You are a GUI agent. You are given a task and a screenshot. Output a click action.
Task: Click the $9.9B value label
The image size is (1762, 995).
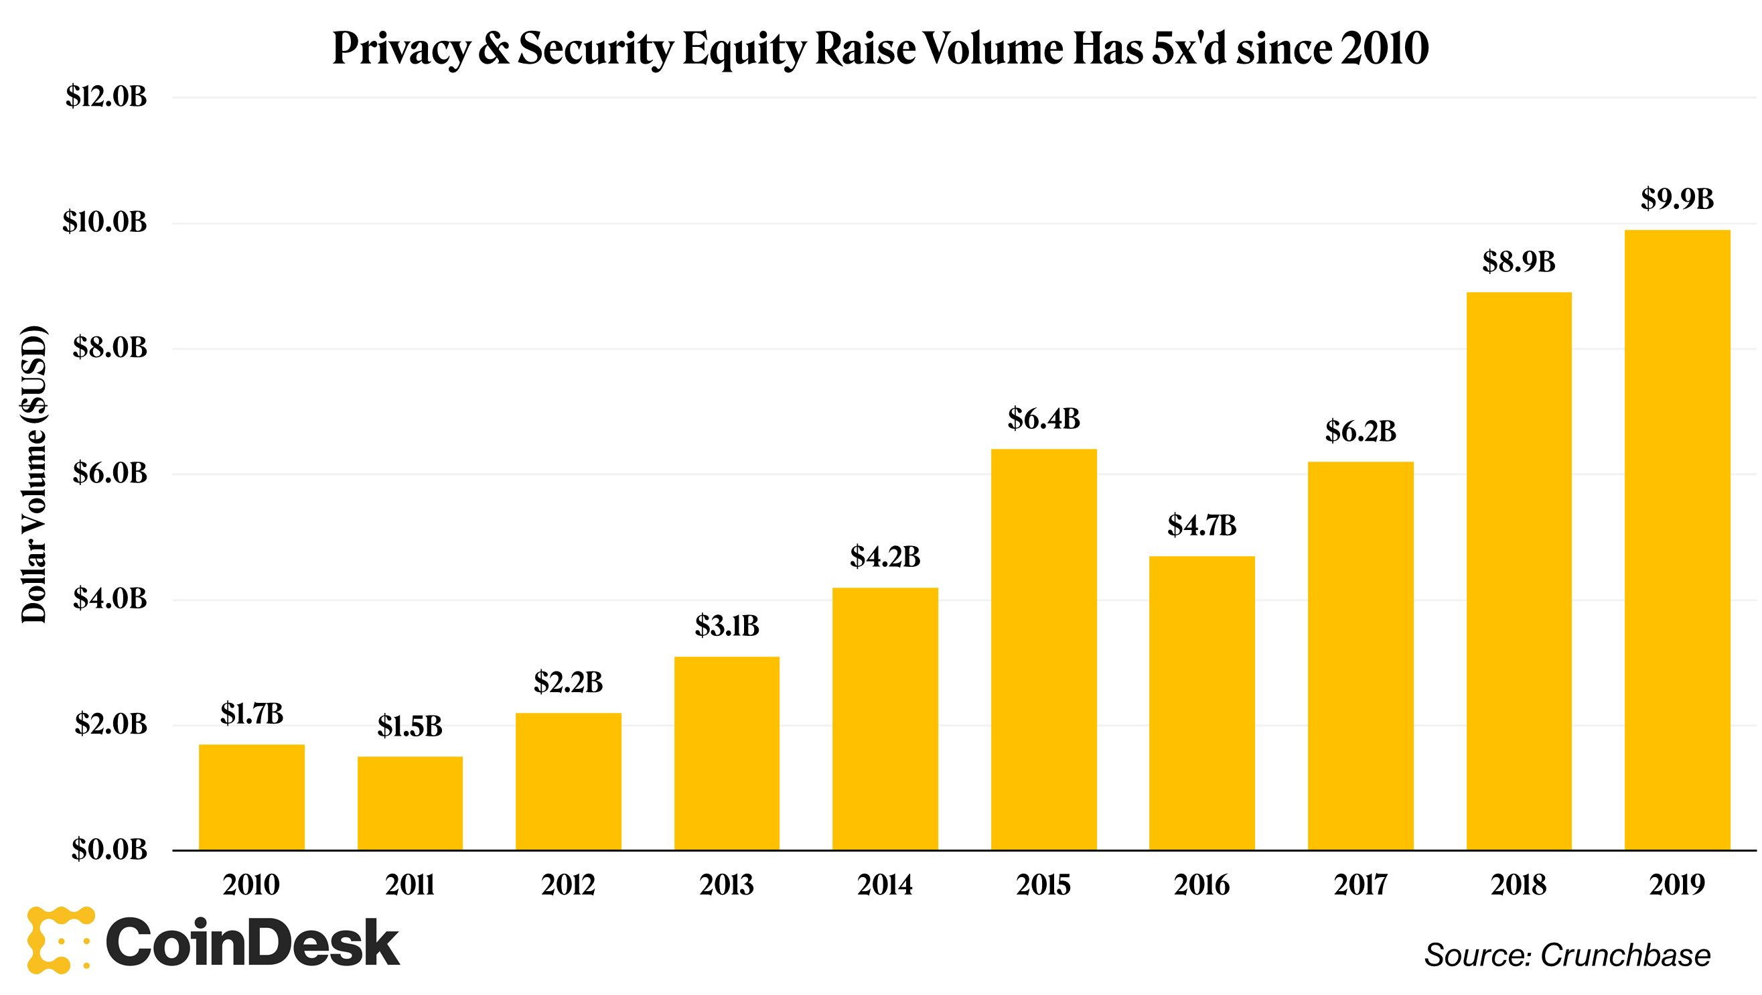click(x=1676, y=199)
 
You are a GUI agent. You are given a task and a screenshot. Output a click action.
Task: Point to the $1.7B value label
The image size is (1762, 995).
click(x=252, y=714)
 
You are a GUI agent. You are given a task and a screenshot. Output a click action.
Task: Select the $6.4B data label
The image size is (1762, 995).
click(x=1043, y=419)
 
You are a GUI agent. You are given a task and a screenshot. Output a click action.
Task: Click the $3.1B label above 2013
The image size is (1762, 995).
click(x=727, y=625)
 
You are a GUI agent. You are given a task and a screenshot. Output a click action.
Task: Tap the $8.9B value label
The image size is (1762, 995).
click(x=1518, y=262)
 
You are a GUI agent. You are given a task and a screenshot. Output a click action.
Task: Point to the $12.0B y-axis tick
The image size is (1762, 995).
click(x=106, y=96)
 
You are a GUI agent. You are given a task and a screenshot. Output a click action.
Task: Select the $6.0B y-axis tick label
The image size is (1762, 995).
click(x=109, y=473)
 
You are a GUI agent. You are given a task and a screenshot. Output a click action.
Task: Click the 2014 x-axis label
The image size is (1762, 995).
click(x=885, y=885)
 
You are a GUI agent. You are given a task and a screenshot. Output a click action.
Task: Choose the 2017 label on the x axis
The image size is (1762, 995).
click(x=1360, y=885)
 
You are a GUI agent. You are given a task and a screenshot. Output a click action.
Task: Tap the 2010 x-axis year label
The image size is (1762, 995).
click(x=251, y=885)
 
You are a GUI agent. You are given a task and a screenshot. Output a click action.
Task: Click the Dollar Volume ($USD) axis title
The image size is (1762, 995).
click(x=33, y=474)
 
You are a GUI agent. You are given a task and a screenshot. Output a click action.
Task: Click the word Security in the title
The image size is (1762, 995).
click(x=596, y=50)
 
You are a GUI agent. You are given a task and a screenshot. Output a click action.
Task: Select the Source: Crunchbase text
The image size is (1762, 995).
click(x=1566, y=955)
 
